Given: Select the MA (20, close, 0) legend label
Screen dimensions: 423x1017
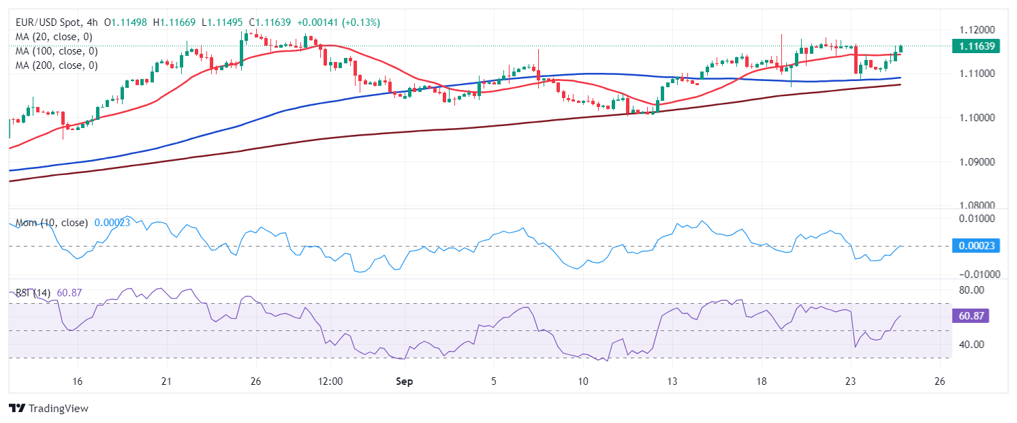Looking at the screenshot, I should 54,37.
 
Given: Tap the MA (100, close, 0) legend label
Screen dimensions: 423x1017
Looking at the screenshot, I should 57,51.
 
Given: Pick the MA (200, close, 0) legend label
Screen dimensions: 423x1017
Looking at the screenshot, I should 57,65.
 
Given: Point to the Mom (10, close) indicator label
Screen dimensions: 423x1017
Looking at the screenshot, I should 52,223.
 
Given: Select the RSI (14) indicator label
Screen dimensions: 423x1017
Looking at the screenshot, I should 33,293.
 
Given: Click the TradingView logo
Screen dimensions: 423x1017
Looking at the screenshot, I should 48,409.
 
